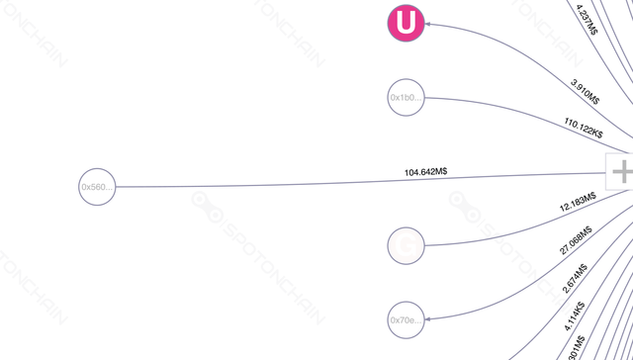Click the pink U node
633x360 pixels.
pos(404,23)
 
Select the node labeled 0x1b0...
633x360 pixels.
pos(406,98)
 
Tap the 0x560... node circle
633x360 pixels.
pos(97,186)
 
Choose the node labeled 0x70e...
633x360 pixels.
pos(406,319)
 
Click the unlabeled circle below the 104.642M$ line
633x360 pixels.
pos(406,243)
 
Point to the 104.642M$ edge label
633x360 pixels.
pos(425,172)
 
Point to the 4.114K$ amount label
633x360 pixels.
pos(576,315)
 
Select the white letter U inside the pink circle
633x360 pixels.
pos(404,23)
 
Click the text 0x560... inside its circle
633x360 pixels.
pos(97,186)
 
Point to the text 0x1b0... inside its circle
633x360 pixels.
pos(406,98)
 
